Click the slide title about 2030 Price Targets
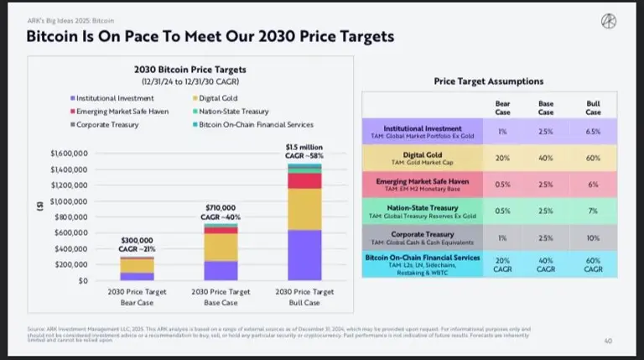pyautogui.click(x=210, y=37)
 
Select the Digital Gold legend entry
pyautogui.click(x=221, y=98)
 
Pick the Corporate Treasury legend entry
pyautogui.click(x=109, y=124)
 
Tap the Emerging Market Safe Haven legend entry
pyautogui.click(x=124, y=111)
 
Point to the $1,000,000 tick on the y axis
pyautogui.click(x=70, y=201)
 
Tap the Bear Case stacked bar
pyautogui.click(x=137, y=269)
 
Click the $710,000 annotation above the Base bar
pyautogui.click(x=221, y=207)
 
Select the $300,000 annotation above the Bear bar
pyautogui.click(x=137, y=239)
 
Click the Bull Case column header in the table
pyautogui.click(x=593, y=107)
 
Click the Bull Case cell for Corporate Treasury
pyautogui.click(x=593, y=237)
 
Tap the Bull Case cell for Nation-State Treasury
pyautogui.click(x=593, y=211)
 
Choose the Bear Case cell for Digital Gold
pyautogui.click(x=502, y=158)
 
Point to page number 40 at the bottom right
pyautogui.click(x=607, y=341)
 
